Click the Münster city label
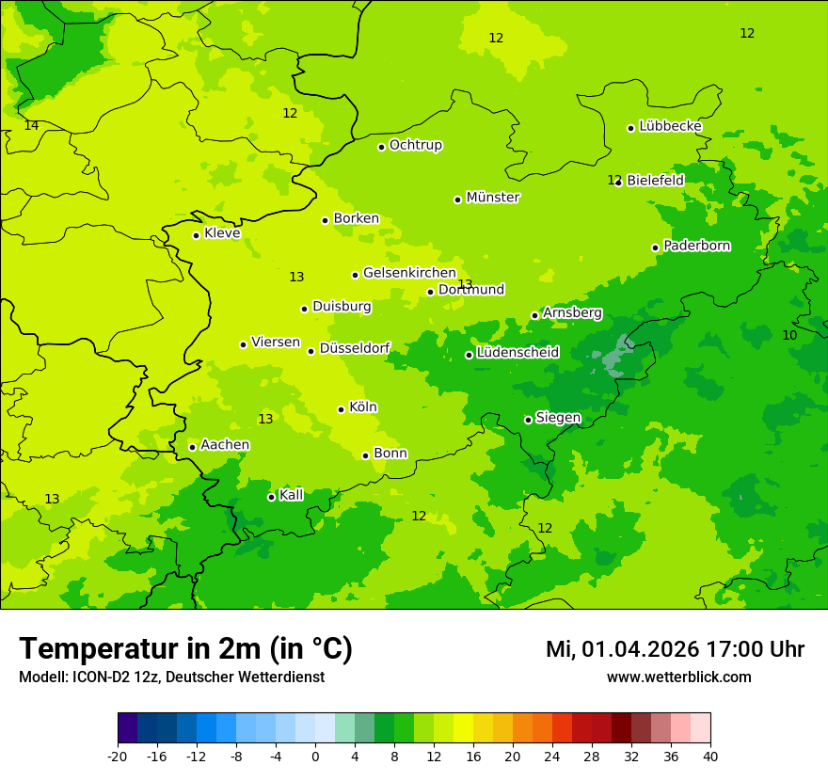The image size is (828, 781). coord(493,198)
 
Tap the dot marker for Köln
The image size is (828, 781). coord(341,409)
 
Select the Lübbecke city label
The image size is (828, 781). coord(670,126)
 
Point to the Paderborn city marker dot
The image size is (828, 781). coord(655,247)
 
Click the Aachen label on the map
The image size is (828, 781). coord(225,445)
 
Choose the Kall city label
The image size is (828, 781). coord(292,495)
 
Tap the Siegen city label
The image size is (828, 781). coord(558,418)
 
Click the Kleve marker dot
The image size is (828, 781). coord(196,235)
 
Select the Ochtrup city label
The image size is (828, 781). coord(416,145)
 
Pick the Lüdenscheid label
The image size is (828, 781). coord(517,353)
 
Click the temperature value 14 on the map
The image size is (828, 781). coord(31,126)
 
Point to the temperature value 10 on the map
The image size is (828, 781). coord(789,336)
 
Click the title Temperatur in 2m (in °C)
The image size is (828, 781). coord(185,649)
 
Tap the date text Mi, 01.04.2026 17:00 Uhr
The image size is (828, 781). coord(675,649)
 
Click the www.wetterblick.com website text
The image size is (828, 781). coord(678,677)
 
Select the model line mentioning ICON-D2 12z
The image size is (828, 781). coord(171,677)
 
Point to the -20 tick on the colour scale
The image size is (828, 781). coord(118,756)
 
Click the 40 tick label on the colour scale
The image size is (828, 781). coord(710,756)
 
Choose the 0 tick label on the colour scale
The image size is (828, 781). coord(315,756)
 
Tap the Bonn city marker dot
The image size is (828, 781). coord(365,455)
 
